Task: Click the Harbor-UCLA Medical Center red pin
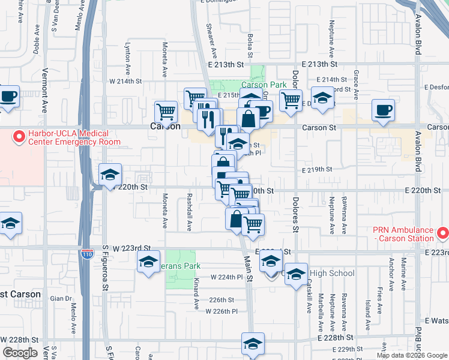point(19,137)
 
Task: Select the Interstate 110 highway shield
point(88,254)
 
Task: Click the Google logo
point(20,353)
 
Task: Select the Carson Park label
point(264,85)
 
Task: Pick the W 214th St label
point(124,80)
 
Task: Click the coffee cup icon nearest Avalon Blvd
point(383,109)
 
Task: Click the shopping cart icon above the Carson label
point(166,112)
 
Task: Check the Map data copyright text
point(411,355)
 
